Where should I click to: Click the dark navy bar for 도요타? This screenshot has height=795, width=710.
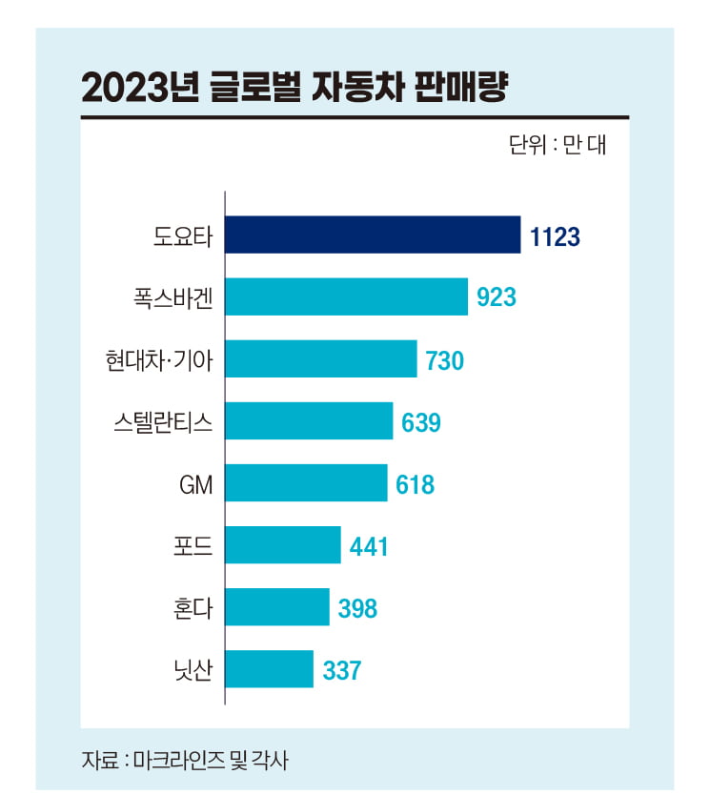[373, 235]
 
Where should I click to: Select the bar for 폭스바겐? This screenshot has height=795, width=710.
[346, 297]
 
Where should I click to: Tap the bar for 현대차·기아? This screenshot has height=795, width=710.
[321, 359]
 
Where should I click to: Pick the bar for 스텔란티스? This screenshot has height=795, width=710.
[309, 421]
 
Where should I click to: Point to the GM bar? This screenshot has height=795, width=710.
[306, 483]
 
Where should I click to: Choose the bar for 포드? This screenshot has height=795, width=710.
[283, 545]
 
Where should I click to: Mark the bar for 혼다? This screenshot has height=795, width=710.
[277, 607]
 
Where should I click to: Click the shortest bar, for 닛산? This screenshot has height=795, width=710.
[269, 669]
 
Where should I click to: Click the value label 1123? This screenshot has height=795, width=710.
[556, 236]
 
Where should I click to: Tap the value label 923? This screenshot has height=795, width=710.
[497, 298]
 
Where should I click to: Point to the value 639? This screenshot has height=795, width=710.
[421, 422]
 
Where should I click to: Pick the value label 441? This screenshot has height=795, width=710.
[368, 546]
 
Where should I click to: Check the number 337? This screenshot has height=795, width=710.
[341, 670]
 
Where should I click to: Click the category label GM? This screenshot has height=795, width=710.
[195, 484]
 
